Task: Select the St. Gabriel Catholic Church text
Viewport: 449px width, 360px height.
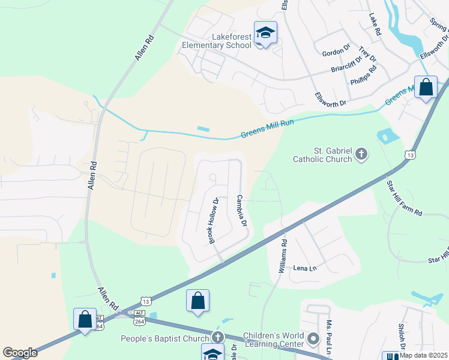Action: pyautogui.click(x=322, y=155)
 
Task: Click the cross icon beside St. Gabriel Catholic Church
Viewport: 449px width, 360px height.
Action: pyautogui.click(x=361, y=155)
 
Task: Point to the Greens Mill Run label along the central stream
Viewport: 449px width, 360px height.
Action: pyautogui.click(x=267, y=129)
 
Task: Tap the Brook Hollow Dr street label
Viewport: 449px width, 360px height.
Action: pyautogui.click(x=212, y=221)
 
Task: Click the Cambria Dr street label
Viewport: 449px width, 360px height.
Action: pyautogui.click(x=242, y=211)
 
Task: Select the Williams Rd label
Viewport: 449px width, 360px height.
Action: pyautogui.click(x=283, y=257)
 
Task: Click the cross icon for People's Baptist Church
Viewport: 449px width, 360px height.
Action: pyautogui.click(x=218, y=338)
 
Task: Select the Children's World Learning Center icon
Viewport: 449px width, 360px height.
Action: pyautogui.click(x=313, y=340)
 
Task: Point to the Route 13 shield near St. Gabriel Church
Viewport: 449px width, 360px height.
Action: pyautogui.click(x=411, y=155)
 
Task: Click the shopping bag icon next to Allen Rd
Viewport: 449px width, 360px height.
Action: pyautogui.click(x=85, y=319)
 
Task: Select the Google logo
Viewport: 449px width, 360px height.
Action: pyautogui.click(x=20, y=352)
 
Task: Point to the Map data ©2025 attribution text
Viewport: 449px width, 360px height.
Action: pyautogui.click(x=423, y=355)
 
